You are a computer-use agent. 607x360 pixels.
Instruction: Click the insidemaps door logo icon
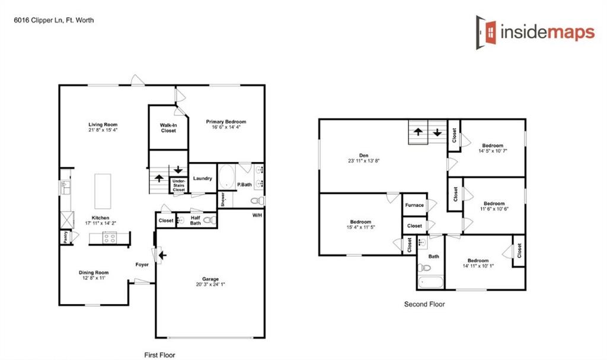coord(487,32)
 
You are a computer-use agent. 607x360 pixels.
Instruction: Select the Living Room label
coord(103,125)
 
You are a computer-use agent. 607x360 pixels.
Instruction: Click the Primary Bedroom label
coord(226,122)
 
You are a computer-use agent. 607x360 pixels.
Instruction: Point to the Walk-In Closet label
coord(168,128)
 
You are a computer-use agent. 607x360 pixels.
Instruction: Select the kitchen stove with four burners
coord(110,238)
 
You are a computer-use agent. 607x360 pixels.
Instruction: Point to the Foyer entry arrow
coord(161,256)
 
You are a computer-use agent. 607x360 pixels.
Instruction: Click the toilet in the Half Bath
coord(207,220)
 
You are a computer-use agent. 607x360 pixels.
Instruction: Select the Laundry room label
coord(203,179)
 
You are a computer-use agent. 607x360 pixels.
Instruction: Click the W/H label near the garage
coord(257,215)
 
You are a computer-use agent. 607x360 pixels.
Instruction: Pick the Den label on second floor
coord(364,155)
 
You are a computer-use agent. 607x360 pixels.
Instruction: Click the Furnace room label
coord(414,205)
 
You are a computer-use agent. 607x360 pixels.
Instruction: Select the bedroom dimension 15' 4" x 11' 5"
coord(360,227)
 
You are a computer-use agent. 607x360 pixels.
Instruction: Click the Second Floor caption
coord(424,304)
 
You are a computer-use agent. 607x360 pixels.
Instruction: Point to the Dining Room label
coord(94,273)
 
